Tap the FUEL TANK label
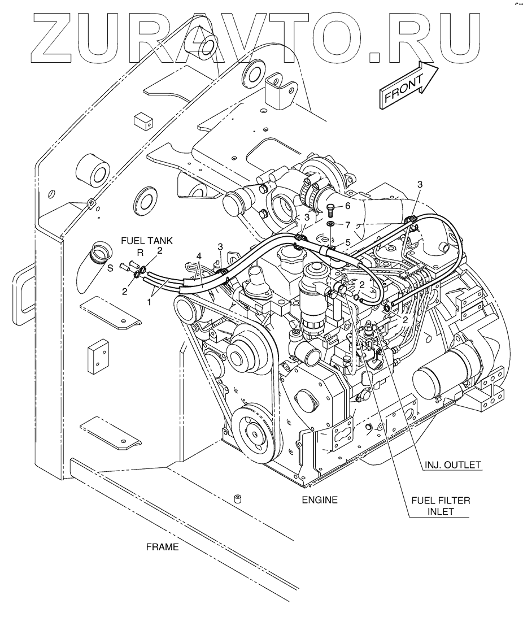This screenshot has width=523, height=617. [147, 241]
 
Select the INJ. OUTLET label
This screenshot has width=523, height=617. [452, 464]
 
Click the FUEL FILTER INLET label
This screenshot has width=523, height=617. [441, 506]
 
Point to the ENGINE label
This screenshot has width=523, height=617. [320, 499]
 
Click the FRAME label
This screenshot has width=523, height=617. [162, 547]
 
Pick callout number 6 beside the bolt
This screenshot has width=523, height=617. [347, 206]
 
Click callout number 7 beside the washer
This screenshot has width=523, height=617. [347, 225]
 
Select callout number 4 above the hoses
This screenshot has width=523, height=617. [199, 257]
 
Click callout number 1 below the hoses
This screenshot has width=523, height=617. [149, 302]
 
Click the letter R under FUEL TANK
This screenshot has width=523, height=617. [140, 253]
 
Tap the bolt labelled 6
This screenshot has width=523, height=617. [330, 210]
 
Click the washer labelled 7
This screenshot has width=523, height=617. [331, 224]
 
